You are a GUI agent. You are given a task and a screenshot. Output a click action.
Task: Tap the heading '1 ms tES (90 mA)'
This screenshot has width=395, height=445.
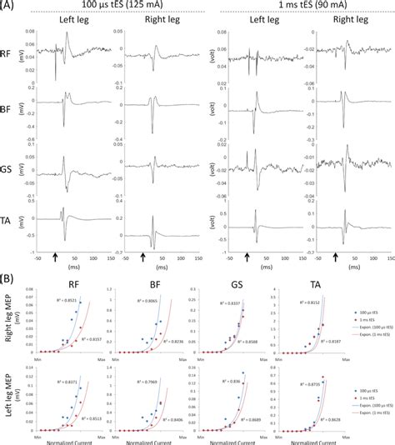(x=298, y=6)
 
